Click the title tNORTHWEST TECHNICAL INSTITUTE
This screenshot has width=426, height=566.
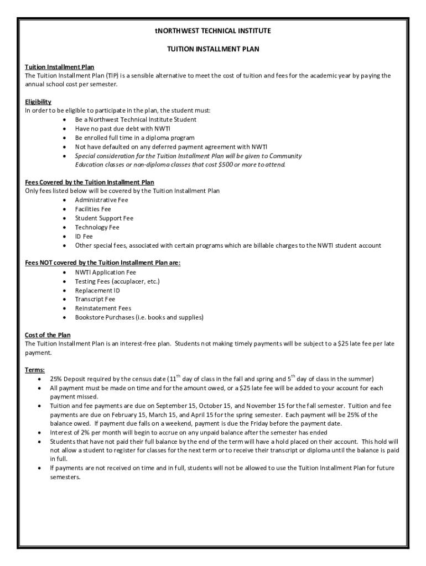tap(213, 31)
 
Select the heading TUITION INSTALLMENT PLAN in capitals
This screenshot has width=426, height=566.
tap(213, 49)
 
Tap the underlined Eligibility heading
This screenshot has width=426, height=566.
tap(38, 102)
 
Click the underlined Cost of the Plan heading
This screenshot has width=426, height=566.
tap(48, 335)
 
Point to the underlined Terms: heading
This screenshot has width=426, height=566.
tap(35, 370)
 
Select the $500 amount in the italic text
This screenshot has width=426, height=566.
tap(225, 165)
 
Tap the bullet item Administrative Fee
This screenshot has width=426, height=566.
tap(101, 200)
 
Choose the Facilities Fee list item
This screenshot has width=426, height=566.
tap(93, 209)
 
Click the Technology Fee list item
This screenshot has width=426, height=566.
tap(97, 227)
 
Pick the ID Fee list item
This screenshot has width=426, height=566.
tap(84, 236)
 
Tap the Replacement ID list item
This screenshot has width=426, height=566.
tap(97, 290)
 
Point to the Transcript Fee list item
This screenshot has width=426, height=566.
tap(95, 299)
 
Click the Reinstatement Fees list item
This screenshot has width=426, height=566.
tap(103, 308)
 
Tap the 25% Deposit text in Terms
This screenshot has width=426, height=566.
tap(69, 379)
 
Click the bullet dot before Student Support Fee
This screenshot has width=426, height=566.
tap(65, 218)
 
